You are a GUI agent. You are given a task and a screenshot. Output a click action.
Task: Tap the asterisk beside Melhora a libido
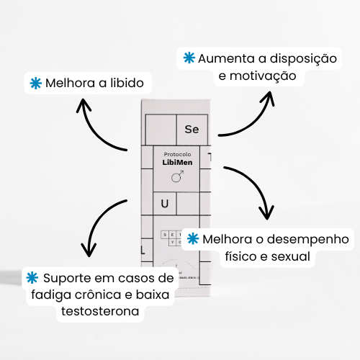[34, 83]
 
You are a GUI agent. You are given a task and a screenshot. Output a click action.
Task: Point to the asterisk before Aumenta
[189, 58]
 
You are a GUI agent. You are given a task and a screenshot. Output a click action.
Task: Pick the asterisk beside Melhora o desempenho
[192, 238]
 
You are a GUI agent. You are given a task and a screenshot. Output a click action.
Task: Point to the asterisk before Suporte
[32, 278]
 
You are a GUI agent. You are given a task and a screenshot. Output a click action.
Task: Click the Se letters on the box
[192, 130]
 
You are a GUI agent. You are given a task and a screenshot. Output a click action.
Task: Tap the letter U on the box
[165, 204]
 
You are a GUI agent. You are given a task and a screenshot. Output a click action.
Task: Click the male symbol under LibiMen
[177, 175]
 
